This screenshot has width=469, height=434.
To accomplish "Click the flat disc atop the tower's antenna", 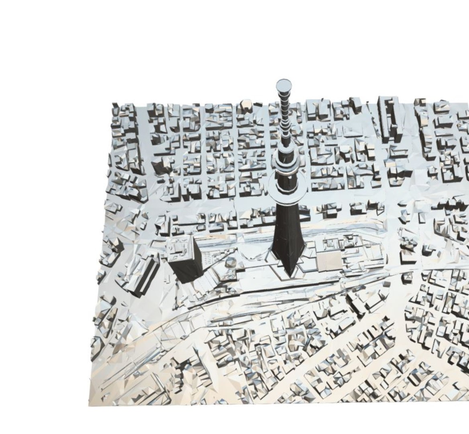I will pos(284,86).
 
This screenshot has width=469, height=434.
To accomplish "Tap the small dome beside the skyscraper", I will pos(230,262).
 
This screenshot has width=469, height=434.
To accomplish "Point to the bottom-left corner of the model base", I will pos(89,404).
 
